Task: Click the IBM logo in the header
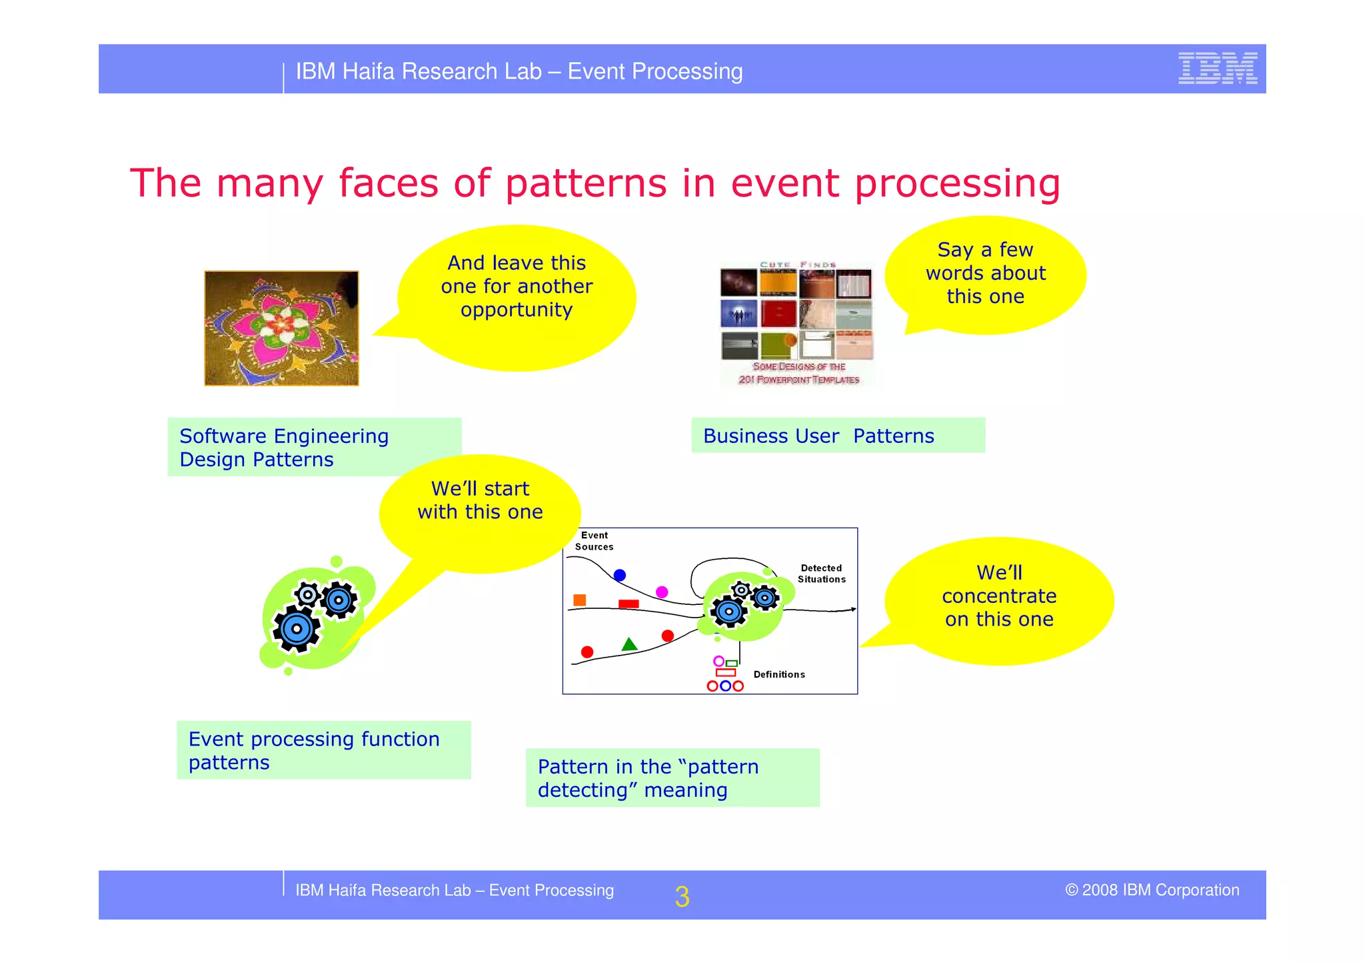[1217, 69]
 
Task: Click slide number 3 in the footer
[681, 897]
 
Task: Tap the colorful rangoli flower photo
[281, 328]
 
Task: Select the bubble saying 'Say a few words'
[985, 273]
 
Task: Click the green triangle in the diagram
[629, 644]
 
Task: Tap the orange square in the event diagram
[579, 600]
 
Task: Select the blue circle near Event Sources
[620, 575]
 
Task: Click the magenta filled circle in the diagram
[662, 592]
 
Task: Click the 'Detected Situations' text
[821, 574]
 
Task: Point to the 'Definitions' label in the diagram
[778, 675]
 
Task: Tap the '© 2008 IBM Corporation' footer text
[1152, 890]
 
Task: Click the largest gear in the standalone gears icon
[297, 628]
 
